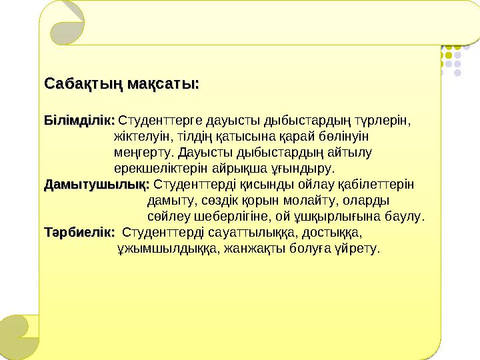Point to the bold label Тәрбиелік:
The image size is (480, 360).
tap(79, 232)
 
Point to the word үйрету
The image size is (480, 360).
tap(359, 249)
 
